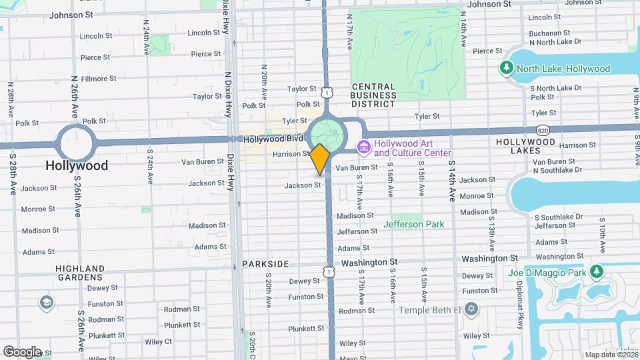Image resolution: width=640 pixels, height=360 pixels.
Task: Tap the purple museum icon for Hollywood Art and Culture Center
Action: pos(365,146)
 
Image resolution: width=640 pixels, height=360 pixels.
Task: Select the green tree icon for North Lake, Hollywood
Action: pos(507,68)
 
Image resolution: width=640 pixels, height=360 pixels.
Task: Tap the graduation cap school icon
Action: pos(46,303)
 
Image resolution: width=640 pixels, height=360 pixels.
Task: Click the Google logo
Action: pos(22,351)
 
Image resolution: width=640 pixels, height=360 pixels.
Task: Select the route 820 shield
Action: pos(543,129)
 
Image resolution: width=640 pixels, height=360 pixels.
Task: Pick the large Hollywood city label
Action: pos(77,165)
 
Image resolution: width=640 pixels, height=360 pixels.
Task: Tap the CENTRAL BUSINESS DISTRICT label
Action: pos(374,91)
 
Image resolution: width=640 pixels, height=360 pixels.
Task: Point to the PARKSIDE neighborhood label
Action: pos(267,264)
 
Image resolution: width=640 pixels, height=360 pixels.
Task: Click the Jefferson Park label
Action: pos(413,224)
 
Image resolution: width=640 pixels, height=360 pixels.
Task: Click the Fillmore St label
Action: pos(99,79)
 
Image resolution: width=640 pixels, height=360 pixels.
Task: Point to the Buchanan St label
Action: pos(551,33)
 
